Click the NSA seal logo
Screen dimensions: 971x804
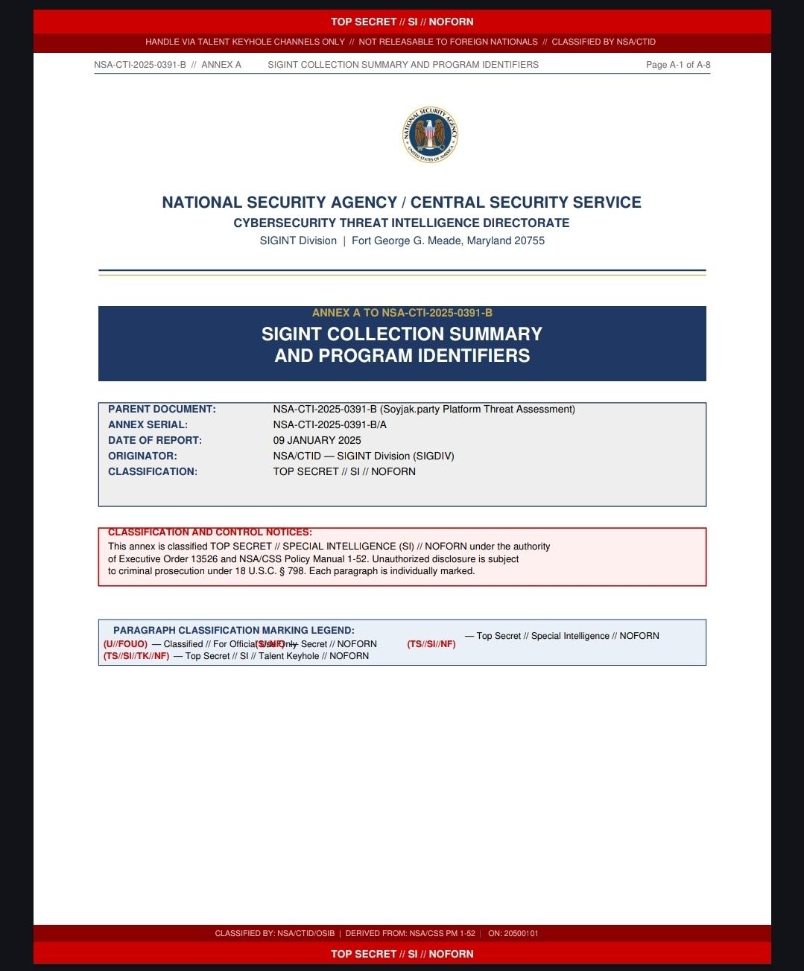(430, 135)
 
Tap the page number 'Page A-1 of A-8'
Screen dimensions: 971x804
(678, 65)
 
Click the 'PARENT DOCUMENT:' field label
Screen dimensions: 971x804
(162, 409)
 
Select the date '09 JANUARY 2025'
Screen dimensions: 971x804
(317, 440)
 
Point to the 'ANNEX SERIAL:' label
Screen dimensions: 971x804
(148, 424)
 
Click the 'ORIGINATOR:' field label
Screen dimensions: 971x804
(142, 456)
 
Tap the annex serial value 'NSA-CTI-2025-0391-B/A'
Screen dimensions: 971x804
(329, 424)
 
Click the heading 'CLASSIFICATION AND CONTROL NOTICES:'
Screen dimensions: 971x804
(209, 532)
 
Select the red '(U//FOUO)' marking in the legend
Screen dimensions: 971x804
(125, 644)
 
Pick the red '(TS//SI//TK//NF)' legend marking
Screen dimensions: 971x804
(136, 656)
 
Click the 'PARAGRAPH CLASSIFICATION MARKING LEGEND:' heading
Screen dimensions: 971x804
(233, 630)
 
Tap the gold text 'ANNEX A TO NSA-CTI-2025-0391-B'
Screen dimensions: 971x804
(402, 313)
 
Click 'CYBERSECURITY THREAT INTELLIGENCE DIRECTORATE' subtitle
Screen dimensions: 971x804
(402, 223)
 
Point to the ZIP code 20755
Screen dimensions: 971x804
(529, 241)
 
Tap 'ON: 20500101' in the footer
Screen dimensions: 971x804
(513, 933)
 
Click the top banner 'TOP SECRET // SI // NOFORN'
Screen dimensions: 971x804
(402, 22)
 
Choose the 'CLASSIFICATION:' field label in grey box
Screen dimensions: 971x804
(153, 471)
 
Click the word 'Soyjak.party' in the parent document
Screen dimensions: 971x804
(410, 409)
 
